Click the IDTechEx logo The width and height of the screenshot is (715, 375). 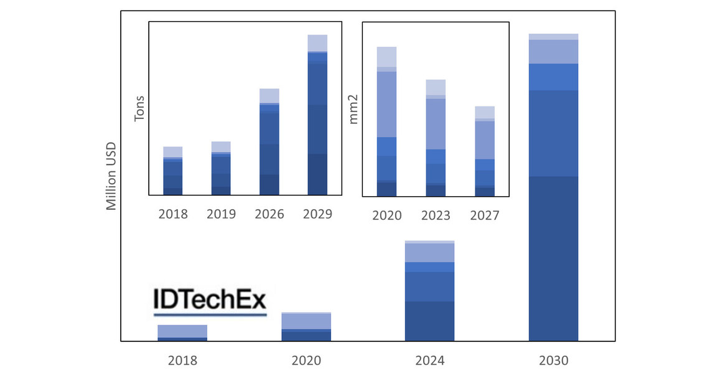point(210,301)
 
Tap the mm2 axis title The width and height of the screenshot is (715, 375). point(354,110)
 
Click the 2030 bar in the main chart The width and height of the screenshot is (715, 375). point(553,187)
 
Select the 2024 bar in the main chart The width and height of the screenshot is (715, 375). point(429,291)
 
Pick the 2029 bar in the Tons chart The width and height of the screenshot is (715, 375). point(317,115)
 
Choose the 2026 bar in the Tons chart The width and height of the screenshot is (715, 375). point(269,142)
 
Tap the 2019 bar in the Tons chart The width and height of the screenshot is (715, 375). point(221,168)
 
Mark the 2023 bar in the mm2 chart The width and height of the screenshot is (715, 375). point(436,138)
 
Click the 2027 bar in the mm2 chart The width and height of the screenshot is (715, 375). point(485,151)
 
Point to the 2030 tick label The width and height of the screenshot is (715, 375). point(553,361)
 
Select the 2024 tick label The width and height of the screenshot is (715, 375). point(429,361)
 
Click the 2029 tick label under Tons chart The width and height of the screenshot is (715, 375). point(317,214)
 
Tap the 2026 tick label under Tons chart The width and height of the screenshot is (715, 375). point(269,214)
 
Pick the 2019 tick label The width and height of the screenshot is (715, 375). point(221,214)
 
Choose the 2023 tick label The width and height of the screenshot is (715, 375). point(436,216)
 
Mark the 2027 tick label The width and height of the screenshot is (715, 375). point(485,216)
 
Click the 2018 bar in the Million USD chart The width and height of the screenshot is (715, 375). point(182,333)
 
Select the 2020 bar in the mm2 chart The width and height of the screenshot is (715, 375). point(386,121)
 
